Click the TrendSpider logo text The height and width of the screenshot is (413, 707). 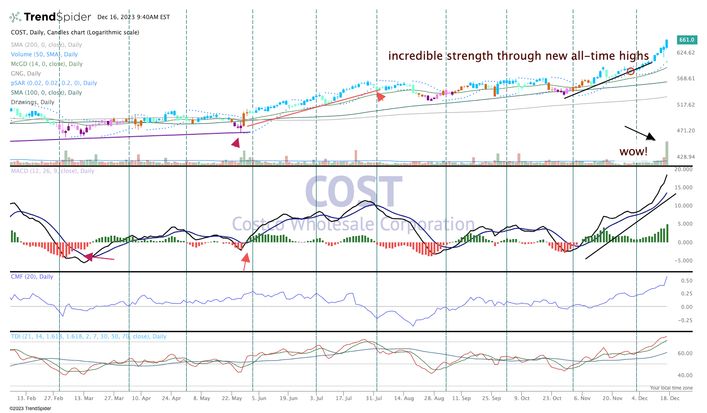click(x=57, y=17)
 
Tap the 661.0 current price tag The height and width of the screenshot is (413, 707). click(x=686, y=40)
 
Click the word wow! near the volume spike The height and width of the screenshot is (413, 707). click(x=633, y=152)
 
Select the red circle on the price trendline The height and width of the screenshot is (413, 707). click(x=631, y=71)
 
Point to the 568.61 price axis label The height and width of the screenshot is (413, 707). click(x=686, y=79)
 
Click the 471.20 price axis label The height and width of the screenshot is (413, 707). click(x=686, y=130)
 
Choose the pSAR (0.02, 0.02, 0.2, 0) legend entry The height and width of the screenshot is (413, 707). click(x=54, y=83)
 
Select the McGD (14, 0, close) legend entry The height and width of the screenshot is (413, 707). click(x=47, y=64)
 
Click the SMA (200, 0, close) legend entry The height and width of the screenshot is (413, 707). click(x=46, y=45)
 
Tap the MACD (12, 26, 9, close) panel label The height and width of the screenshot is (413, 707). click(x=53, y=171)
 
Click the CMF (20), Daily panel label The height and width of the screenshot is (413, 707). click(x=32, y=277)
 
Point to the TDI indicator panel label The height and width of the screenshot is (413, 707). click(x=88, y=337)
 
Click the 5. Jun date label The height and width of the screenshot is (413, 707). click(x=259, y=398)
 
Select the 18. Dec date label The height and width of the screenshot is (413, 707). click(x=670, y=398)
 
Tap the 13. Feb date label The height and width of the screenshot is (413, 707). click(x=26, y=398)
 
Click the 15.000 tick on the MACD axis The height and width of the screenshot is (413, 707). click(x=683, y=188)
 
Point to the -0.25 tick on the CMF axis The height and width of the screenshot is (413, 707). click(x=686, y=320)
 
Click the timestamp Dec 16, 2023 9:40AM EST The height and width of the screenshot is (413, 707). click(x=134, y=17)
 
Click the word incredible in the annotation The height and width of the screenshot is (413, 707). click(x=415, y=56)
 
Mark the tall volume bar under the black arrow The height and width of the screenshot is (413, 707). click(x=666, y=152)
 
